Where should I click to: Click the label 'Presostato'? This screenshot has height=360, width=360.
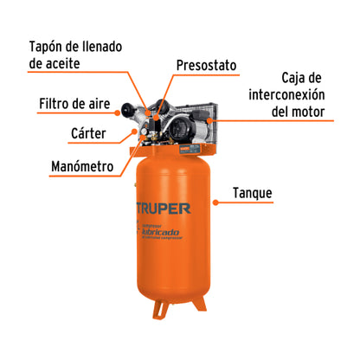point(206,65)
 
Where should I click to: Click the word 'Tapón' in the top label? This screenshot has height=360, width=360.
point(48,46)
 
